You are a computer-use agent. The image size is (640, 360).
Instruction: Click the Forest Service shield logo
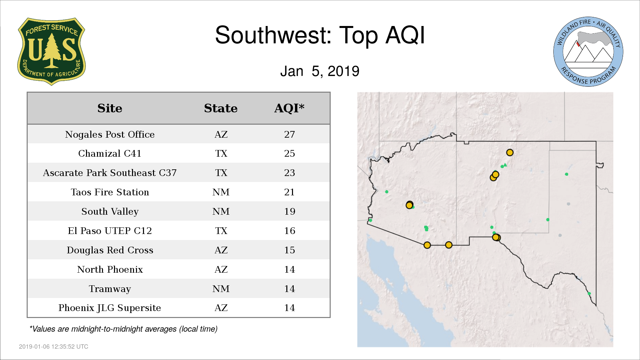tap(51, 51)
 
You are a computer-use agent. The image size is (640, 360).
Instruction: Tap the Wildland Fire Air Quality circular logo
tap(588, 52)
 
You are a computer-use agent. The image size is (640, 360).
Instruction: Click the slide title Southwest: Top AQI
tap(320, 35)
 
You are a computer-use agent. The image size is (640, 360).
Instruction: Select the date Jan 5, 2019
tap(320, 71)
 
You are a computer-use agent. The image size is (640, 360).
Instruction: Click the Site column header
tap(110, 108)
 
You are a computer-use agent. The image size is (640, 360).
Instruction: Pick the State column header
tap(221, 108)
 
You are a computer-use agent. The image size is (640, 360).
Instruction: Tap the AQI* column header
tap(289, 108)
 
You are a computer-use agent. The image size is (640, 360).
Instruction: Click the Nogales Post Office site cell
tap(110, 134)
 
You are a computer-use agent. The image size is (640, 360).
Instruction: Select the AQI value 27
tap(289, 134)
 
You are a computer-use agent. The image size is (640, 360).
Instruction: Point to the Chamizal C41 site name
tap(110, 153)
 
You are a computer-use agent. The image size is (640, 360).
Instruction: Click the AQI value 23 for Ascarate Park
tap(289, 173)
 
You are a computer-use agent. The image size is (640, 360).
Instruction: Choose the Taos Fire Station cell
tap(110, 192)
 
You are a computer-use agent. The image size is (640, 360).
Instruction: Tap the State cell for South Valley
tap(221, 211)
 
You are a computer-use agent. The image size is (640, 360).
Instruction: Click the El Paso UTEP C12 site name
tap(110, 231)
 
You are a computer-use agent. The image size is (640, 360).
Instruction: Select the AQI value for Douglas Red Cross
tap(289, 250)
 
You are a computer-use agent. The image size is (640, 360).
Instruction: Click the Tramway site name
tap(110, 289)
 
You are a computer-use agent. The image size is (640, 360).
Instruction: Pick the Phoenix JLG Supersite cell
tap(110, 308)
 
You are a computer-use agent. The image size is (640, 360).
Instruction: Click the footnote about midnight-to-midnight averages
tap(123, 329)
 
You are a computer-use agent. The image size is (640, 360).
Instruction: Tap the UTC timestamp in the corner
tap(54, 347)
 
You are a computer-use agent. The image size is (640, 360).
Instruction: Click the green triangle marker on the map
tap(505, 165)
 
